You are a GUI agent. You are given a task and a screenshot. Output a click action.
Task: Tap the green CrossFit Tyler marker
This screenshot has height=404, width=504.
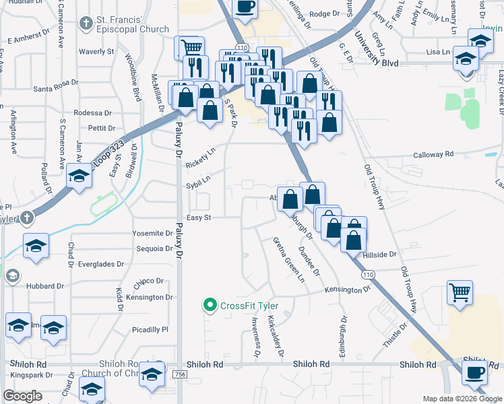210,306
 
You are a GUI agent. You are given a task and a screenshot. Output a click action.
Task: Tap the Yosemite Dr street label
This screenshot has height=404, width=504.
152,234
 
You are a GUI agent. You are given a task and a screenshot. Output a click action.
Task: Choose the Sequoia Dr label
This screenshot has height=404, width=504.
154,248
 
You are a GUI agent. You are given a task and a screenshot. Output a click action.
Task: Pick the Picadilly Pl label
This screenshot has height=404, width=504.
150,330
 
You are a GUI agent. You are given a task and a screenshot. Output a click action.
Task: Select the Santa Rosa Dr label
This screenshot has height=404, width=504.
57,88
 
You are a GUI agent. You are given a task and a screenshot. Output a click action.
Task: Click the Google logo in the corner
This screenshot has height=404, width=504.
23,396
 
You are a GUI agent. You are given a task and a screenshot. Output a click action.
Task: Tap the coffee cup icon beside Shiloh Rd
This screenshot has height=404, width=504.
474,372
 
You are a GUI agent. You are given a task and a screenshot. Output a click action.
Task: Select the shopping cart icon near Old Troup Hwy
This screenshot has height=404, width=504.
460,292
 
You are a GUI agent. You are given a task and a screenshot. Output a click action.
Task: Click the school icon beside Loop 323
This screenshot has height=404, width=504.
80,176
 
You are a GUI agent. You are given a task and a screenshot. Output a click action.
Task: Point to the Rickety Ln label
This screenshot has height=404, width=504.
199,160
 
